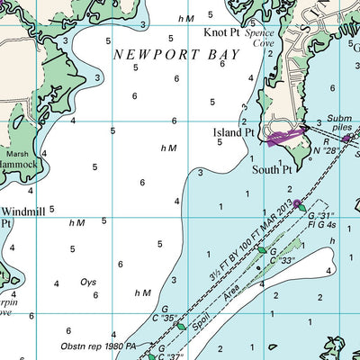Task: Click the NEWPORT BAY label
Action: (176, 55)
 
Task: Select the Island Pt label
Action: (233, 132)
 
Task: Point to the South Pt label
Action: (271, 168)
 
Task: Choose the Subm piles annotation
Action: (339, 123)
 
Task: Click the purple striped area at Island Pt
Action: (286, 136)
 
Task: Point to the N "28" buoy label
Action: (335, 150)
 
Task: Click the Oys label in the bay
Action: (88, 282)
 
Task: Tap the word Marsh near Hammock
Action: (17, 153)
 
